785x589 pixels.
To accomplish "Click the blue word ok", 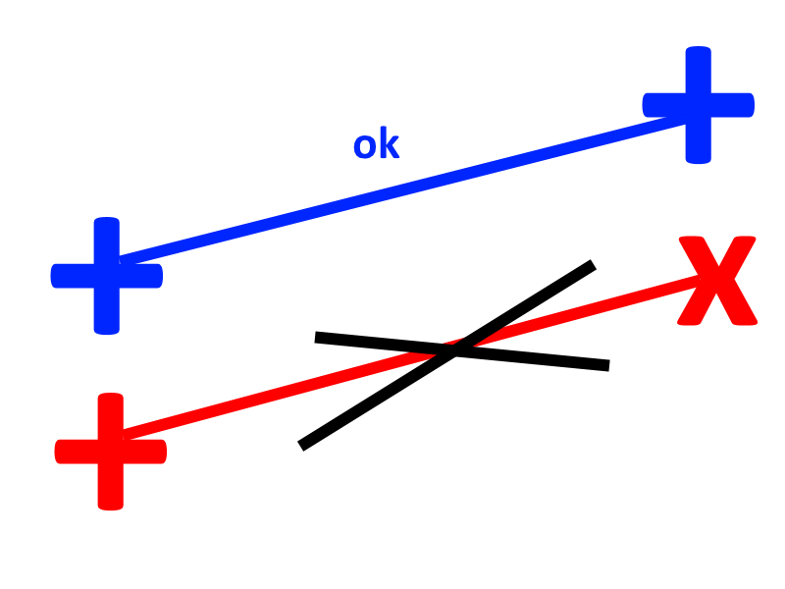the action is [x=377, y=143].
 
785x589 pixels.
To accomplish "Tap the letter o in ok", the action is [x=364, y=146].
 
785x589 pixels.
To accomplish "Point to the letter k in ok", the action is [x=390, y=142].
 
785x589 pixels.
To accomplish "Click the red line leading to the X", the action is [x=410, y=357].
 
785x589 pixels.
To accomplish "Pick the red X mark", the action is [x=717, y=281].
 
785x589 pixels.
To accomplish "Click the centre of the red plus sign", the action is [x=111, y=452].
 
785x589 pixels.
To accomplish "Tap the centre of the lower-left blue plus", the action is [x=107, y=276].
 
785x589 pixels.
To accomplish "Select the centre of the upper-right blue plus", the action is [x=699, y=105].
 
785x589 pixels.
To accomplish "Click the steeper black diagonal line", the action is [x=447, y=355].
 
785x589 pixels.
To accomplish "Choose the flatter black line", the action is [x=462, y=351].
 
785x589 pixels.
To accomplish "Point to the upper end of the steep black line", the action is [x=594, y=264].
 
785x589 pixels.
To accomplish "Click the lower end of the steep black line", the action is [x=301, y=446].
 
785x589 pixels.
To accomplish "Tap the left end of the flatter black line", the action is [x=315, y=337].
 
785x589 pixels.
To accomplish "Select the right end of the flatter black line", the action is [x=609, y=365].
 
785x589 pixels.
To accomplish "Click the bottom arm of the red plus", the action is [x=111, y=487].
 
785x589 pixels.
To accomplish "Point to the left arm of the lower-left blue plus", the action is [x=72, y=276].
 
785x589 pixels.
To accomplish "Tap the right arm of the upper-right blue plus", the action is [x=733, y=105].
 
